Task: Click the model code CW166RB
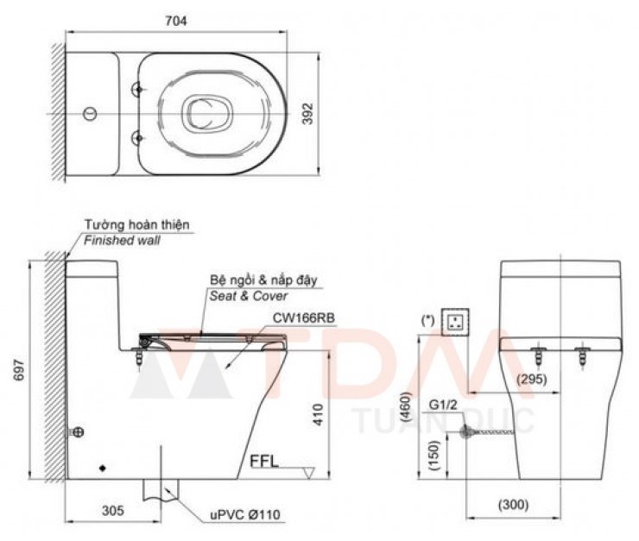298,317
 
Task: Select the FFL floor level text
264,460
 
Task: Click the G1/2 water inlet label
442,403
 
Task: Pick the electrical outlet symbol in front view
455,322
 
